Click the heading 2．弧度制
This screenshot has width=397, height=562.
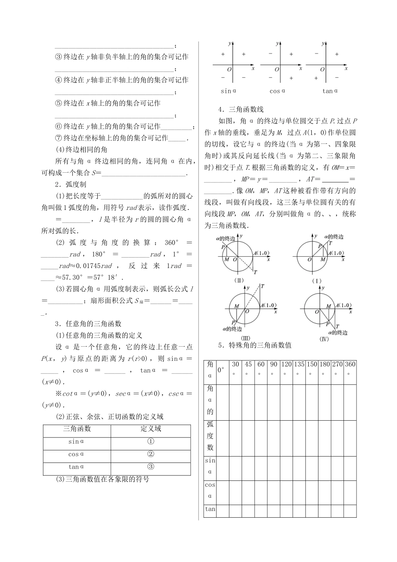[x=70, y=184]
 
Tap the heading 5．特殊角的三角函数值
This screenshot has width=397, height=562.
[x=254, y=345]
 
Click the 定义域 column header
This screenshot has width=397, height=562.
[x=151, y=429]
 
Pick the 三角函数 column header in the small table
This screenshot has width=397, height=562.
[x=77, y=429]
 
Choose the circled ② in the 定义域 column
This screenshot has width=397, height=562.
[x=151, y=454]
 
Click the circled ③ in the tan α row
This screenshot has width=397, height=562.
[x=151, y=467]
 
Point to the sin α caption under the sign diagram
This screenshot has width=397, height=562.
[x=229, y=91]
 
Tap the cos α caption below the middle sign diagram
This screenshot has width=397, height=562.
[x=277, y=91]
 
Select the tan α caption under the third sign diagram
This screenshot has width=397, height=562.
[x=330, y=91]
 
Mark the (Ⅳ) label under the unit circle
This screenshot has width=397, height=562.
[x=323, y=339]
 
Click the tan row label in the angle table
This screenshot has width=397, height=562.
[x=210, y=509]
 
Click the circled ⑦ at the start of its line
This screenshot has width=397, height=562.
[x=59, y=138]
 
